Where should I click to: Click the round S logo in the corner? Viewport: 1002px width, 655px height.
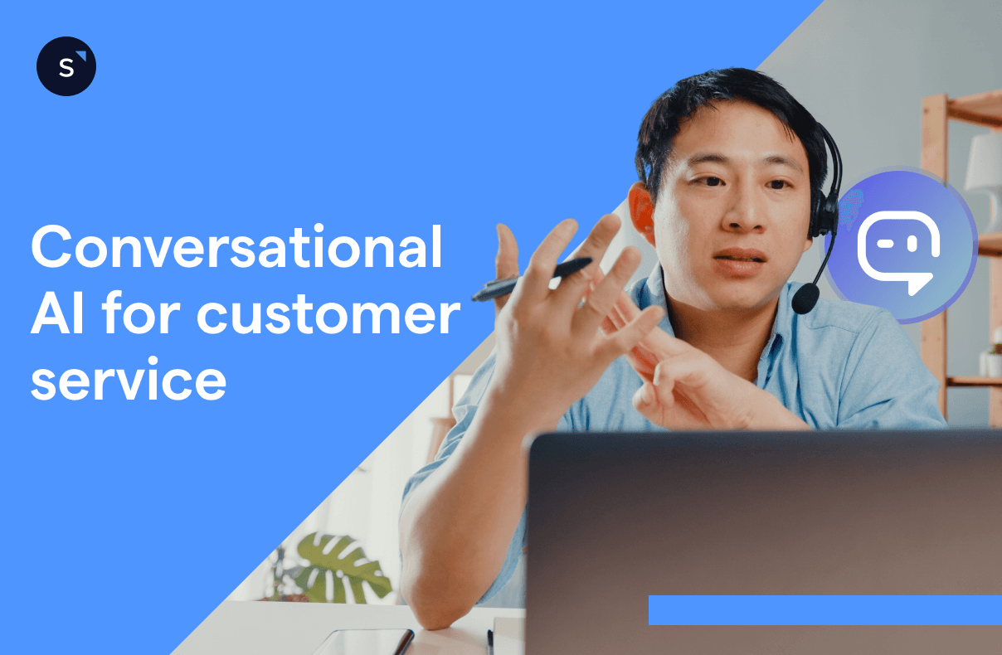66,66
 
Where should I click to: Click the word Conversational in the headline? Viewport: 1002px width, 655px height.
236,247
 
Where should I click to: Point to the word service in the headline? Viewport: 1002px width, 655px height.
129,381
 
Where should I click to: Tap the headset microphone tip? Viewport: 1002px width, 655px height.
804,298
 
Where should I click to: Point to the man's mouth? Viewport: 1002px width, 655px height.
740,260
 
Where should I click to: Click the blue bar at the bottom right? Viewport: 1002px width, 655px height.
824,609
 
